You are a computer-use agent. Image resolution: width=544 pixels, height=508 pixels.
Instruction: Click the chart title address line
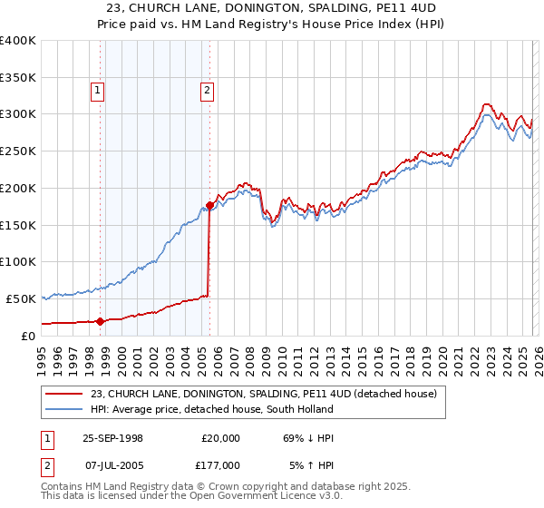(272, 8)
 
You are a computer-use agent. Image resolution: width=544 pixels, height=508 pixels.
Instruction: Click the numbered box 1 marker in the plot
(97, 89)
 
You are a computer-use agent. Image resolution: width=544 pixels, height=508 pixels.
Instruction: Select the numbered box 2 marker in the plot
(207, 89)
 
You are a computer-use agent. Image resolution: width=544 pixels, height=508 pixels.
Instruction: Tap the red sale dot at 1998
(101, 320)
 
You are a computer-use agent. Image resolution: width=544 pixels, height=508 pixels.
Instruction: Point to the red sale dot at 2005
(209, 205)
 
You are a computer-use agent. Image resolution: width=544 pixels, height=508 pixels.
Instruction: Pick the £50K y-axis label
(21, 298)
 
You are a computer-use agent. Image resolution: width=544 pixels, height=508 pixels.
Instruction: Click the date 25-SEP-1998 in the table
(112, 437)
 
